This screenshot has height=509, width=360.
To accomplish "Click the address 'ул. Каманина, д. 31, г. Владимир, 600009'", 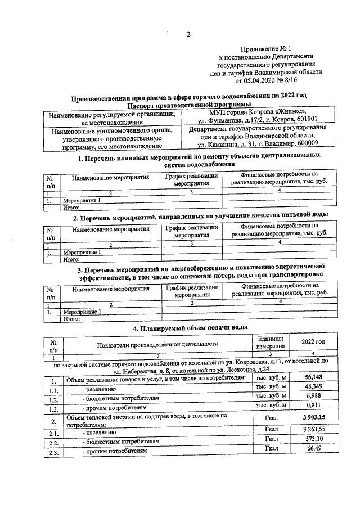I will click(255, 143).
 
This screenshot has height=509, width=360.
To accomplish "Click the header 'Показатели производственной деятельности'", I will click(157, 344).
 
